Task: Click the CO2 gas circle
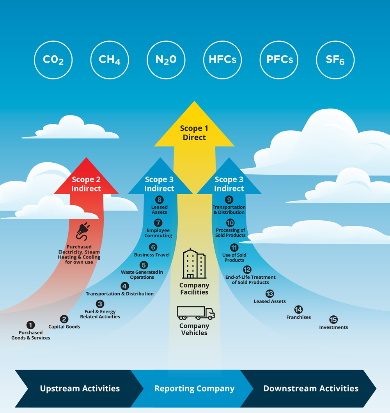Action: pos(53,60)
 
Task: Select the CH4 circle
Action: pos(110,60)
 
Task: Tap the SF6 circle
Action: pos(335,60)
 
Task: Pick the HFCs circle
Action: pos(222,60)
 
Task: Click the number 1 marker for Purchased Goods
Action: pos(30,325)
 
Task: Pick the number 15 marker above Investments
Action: pos(333,320)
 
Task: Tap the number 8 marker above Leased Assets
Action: pos(159,200)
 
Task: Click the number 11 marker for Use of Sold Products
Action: pos(234,248)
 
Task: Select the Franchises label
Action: pos(299,317)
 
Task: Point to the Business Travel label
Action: pos(152,255)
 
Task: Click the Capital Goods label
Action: pos(64,327)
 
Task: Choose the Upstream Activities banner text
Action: pos(80,388)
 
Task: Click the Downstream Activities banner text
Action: pos(311,388)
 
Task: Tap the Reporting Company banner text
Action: pos(194,388)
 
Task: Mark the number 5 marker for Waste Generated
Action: pos(144,265)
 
